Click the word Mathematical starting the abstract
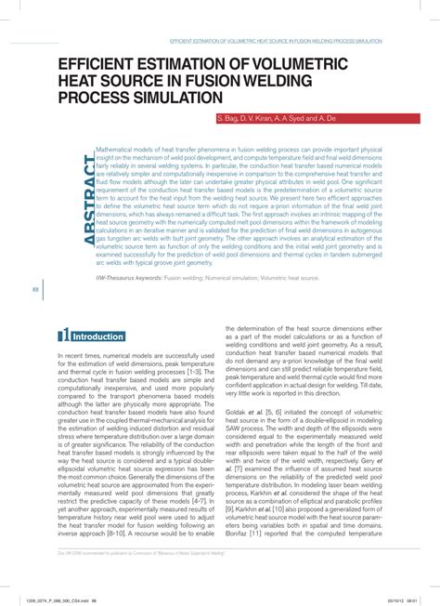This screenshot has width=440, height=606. (x=123, y=148)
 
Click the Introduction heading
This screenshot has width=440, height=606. (x=98, y=336)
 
